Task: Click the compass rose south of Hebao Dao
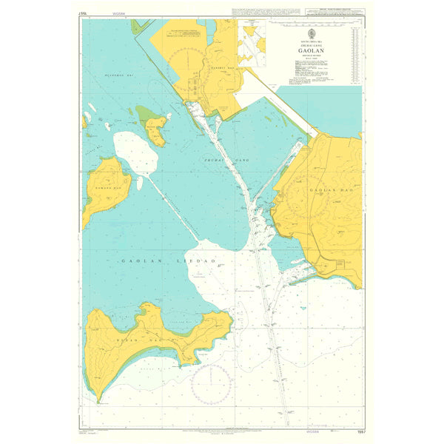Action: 212,385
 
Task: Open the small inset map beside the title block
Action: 252,43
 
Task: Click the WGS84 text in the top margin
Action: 114,13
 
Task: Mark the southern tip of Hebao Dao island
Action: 98,400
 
